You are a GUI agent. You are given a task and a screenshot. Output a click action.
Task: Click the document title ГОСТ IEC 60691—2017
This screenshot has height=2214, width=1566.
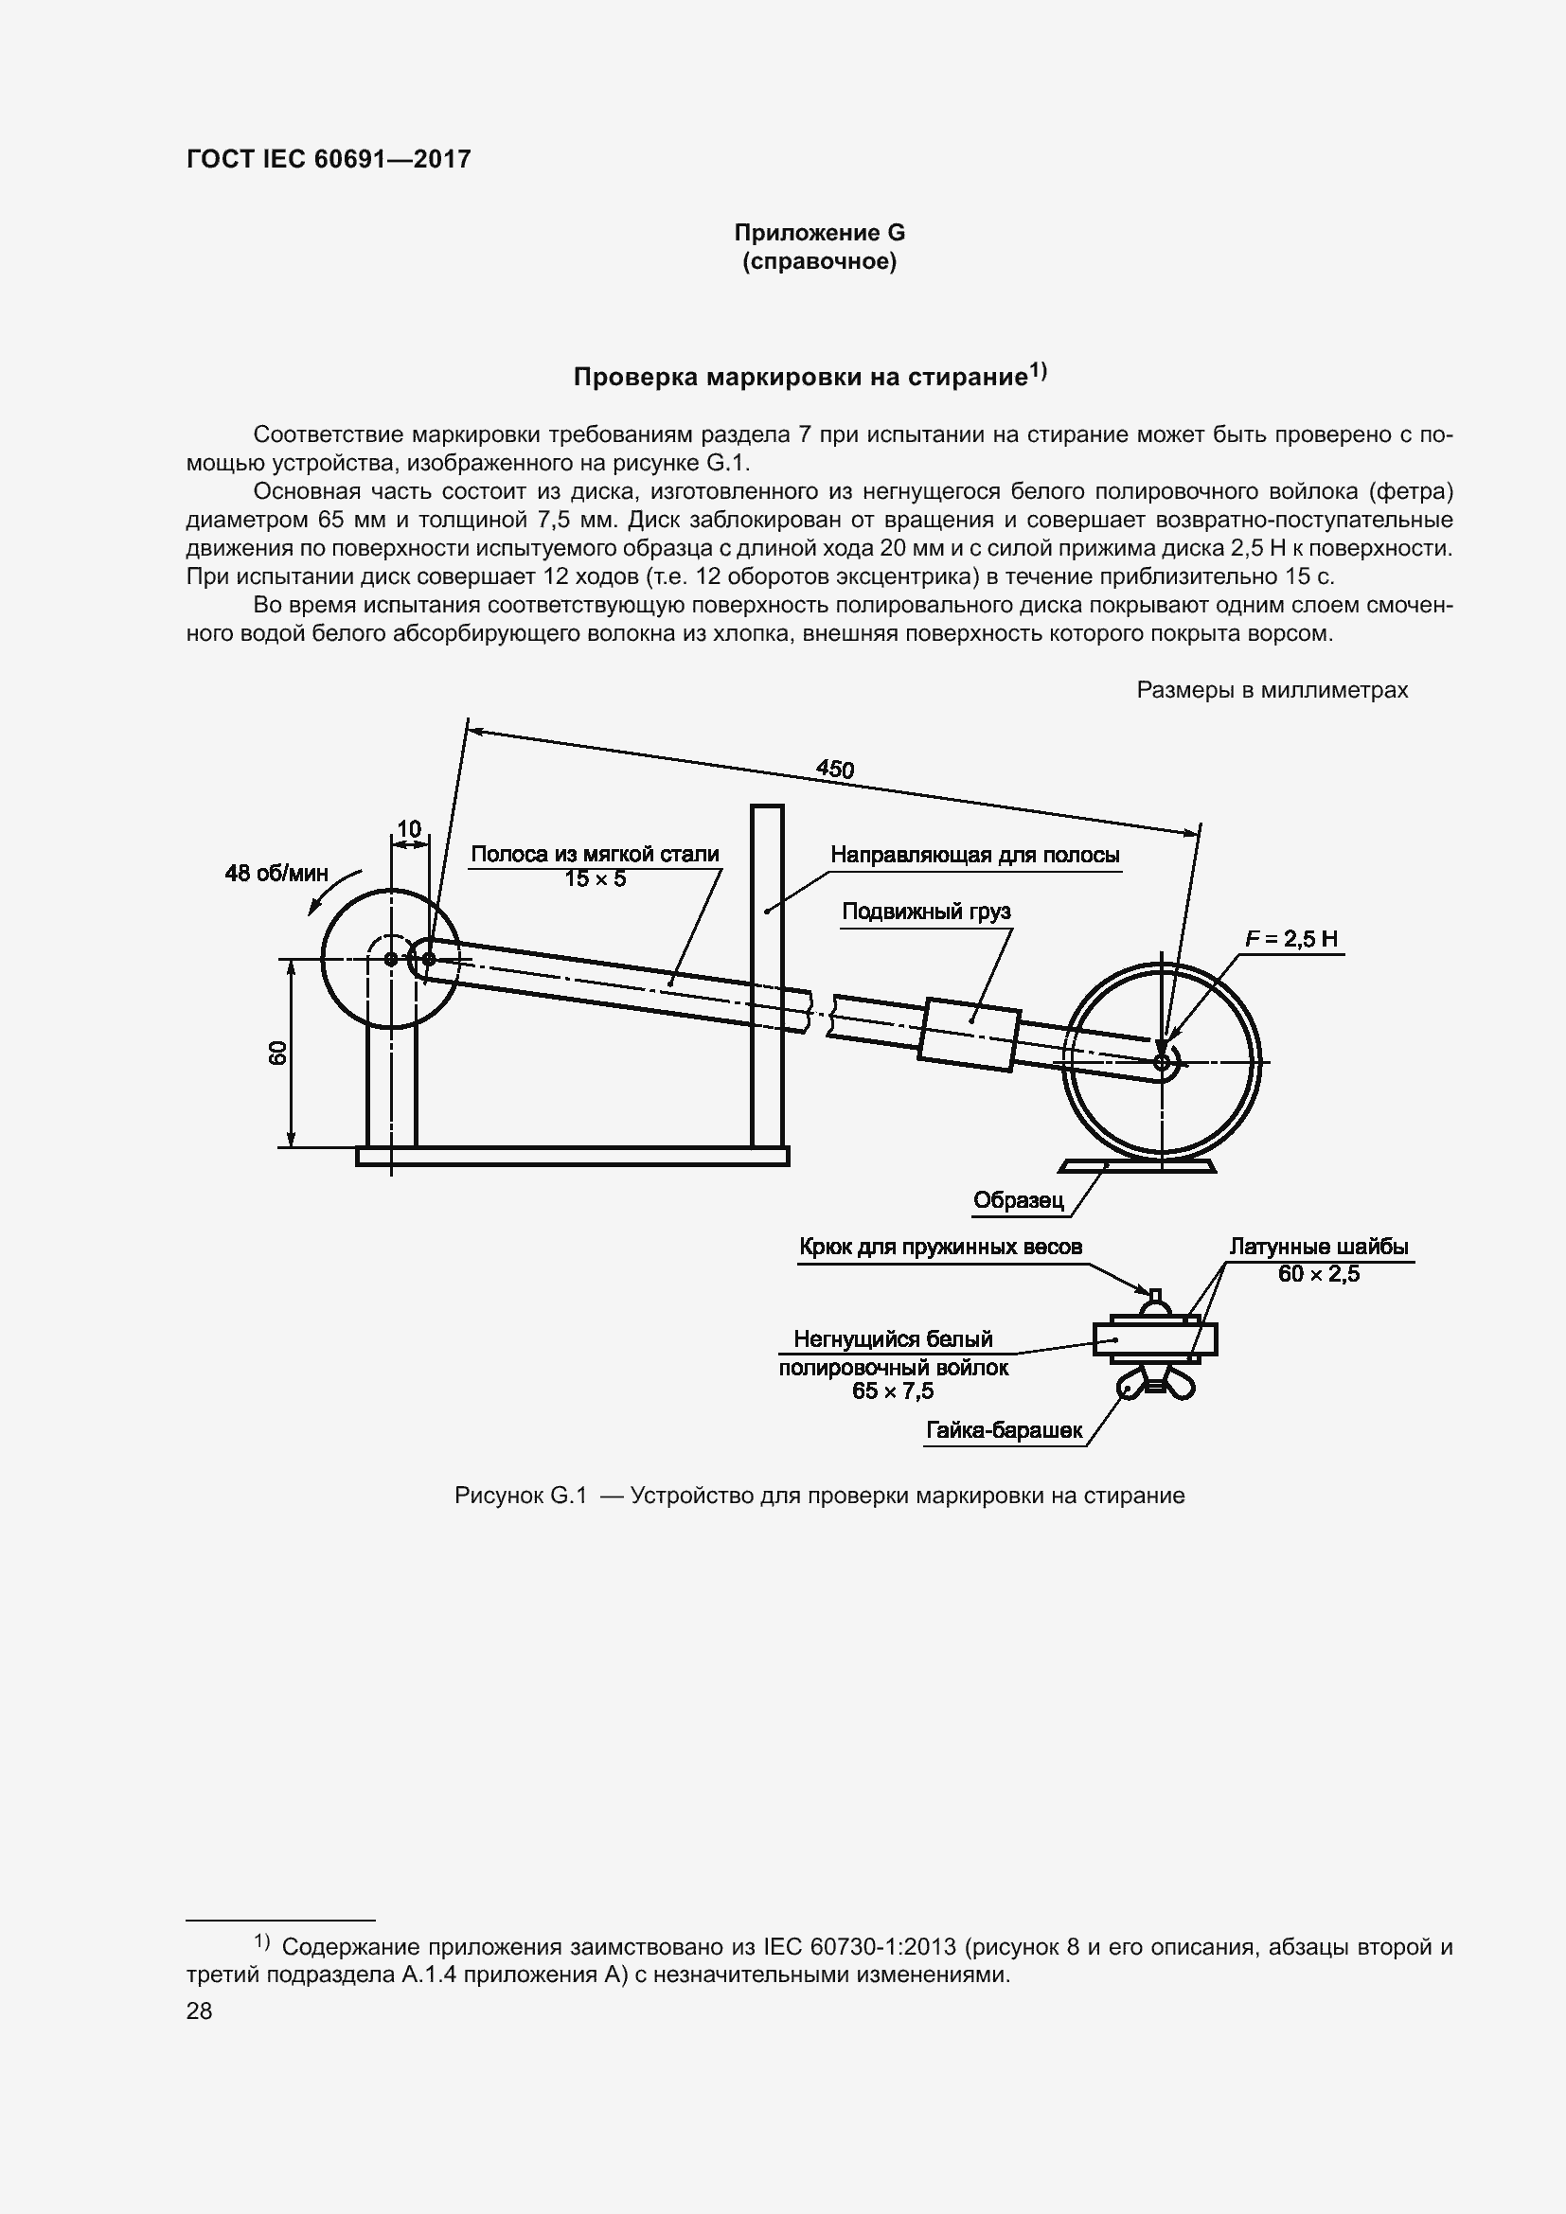click(328, 159)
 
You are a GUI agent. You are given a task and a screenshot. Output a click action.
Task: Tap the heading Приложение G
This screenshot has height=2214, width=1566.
click(819, 233)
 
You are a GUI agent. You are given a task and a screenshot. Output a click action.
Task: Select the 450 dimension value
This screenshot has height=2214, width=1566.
click(835, 769)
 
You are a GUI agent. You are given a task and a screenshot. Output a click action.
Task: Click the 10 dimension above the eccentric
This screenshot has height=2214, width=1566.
click(409, 828)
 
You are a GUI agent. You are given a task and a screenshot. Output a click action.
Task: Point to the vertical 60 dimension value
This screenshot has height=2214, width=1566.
click(277, 1053)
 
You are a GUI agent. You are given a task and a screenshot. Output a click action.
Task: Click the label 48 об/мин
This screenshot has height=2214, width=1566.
click(276, 873)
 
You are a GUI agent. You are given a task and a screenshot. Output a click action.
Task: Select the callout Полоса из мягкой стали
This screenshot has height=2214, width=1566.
click(594, 854)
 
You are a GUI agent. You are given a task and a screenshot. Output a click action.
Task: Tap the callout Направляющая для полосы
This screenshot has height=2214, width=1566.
click(975, 855)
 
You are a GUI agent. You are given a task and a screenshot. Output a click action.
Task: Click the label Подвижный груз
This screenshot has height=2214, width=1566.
click(926, 912)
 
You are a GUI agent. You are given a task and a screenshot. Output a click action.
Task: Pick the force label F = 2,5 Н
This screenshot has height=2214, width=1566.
click(1291, 938)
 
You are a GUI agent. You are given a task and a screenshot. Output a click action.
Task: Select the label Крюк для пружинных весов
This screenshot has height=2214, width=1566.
click(940, 1247)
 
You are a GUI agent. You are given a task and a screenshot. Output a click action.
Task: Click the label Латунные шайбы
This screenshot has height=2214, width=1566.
click(1318, 1246)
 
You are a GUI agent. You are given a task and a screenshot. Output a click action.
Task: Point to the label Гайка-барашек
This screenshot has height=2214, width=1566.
click(1004, 1430)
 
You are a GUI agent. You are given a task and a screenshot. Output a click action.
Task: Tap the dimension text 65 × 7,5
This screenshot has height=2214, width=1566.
click(892, 1390)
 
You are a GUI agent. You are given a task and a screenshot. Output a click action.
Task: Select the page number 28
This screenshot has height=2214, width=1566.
click(199, 2010)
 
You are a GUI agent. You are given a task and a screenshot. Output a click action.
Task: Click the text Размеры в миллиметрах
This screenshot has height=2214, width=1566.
click(1272, 689)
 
